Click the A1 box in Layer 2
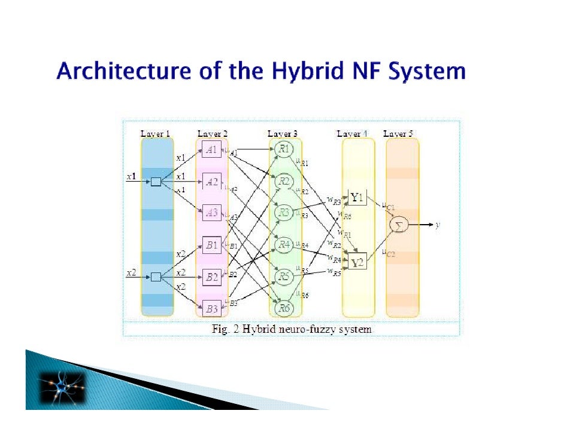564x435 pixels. (x=211, y=150)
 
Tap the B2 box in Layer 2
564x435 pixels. (x=211, y=277)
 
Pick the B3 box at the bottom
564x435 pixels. (x=211, y=308)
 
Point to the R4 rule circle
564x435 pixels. (x=284, y=244)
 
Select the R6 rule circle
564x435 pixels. (x=284, y=308)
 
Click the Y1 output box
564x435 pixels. (x=357, y=197)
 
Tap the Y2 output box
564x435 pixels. (x=357, y=262)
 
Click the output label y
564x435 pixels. (x=438, y=225)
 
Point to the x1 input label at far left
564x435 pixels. (x=131, y=177)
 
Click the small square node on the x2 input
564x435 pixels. (x=156, y=277)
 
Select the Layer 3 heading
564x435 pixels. (x=283, y=134)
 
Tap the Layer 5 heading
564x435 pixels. (x=398, y=134)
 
